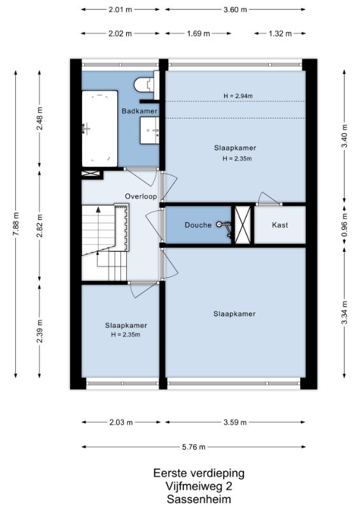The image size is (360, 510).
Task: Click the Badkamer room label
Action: [x=140, y=111]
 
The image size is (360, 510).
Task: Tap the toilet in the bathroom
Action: [x=145, y=85]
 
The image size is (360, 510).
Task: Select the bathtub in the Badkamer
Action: [x=99, y=129]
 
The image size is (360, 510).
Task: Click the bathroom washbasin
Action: [x=150, y=131]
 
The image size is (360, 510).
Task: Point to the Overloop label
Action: [x=141, y=196]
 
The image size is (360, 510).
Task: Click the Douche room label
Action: [x=198, y=225]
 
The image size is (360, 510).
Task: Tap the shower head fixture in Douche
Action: [x=225, y=226]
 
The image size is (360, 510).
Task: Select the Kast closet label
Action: [x=280, y=225]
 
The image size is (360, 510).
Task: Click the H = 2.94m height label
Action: [x=238, y=96]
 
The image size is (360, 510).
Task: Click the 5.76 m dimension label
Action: [x=194, y=447]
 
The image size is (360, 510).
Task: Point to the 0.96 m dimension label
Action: [x=345, y=224]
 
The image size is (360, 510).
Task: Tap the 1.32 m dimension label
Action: [x=280, y=34]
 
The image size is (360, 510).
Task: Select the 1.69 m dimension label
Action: [x=198, y=34]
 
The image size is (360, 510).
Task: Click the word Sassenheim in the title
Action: [x=199, y=499]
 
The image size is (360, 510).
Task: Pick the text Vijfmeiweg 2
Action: [x=199, y=486]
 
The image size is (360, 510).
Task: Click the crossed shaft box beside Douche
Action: [x=243, y=224]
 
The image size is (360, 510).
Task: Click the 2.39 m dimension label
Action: [x=40, y=331]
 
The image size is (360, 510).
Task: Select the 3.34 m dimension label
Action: [x=345, y=312]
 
